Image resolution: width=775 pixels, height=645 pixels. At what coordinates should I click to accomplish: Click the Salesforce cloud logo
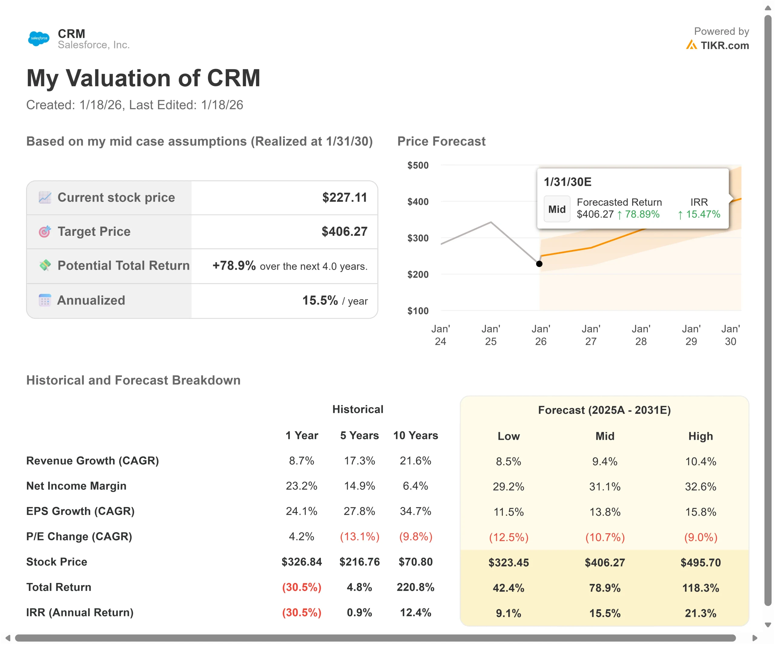[x=39, y=38]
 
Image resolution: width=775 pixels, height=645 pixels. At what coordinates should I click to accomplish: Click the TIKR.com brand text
[x=724, y=45]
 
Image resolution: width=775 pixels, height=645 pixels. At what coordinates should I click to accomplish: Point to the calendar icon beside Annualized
[x=45, y=300]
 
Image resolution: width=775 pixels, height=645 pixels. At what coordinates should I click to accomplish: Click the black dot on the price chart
[x=539, y=264]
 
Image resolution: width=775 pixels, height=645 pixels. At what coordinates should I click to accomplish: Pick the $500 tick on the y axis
[x=418, y=165]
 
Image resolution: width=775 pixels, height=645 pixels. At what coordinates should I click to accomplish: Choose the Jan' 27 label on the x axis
[x=591, y=335]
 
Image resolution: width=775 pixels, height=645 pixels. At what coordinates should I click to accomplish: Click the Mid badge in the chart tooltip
[x=556, y=209]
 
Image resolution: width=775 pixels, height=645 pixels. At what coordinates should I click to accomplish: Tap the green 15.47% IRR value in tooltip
[x=699, y=214]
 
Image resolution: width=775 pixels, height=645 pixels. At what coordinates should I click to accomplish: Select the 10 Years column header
[x=416, y=436]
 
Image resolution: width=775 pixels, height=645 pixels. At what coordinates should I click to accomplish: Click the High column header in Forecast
[x=701, y=436]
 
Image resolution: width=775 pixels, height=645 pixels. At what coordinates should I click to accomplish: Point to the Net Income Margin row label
[x=76, y=486]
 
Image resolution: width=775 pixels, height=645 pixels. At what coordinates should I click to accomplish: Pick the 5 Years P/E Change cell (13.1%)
[x=359, y=537]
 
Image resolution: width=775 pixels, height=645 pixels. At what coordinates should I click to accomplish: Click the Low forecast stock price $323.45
[x=509, y=562]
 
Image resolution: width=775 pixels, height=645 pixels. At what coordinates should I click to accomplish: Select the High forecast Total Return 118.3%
[x=701, y=588]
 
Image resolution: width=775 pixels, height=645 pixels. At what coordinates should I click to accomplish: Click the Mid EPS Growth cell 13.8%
[x=605, y=512]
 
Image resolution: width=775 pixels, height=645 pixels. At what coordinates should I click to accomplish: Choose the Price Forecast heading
[x=441, y=141]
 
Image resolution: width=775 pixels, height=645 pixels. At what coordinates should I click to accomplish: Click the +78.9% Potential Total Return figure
[x=234, y=266]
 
